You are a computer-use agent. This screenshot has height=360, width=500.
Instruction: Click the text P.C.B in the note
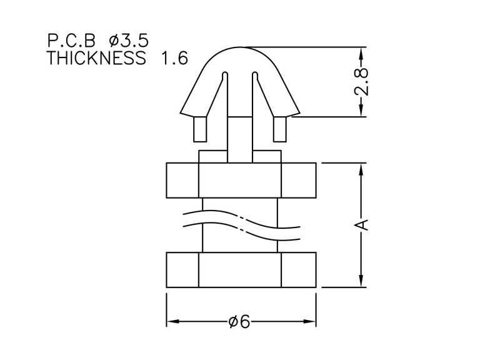pyautogui.click(x=71, y=41)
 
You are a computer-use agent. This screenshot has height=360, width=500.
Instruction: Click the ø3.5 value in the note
pyautogui.click(x=129, y=41)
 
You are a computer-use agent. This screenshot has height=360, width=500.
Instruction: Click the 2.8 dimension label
pyautogui.click(x=361, y=82)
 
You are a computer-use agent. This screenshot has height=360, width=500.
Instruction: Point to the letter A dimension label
pyautogui.click(x=361, y=224)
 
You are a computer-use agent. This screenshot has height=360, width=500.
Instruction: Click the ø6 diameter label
pyautogui.click(x=239, y=321)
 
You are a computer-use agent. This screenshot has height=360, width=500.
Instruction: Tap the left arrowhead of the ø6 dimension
pyautogui.click(x=172, y=321)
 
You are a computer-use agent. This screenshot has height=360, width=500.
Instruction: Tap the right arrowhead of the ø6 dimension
pyautogui.click(x=309, y=321)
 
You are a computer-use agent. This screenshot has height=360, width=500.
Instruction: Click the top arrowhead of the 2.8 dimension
pyautogui.click(x=361, y=53)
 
